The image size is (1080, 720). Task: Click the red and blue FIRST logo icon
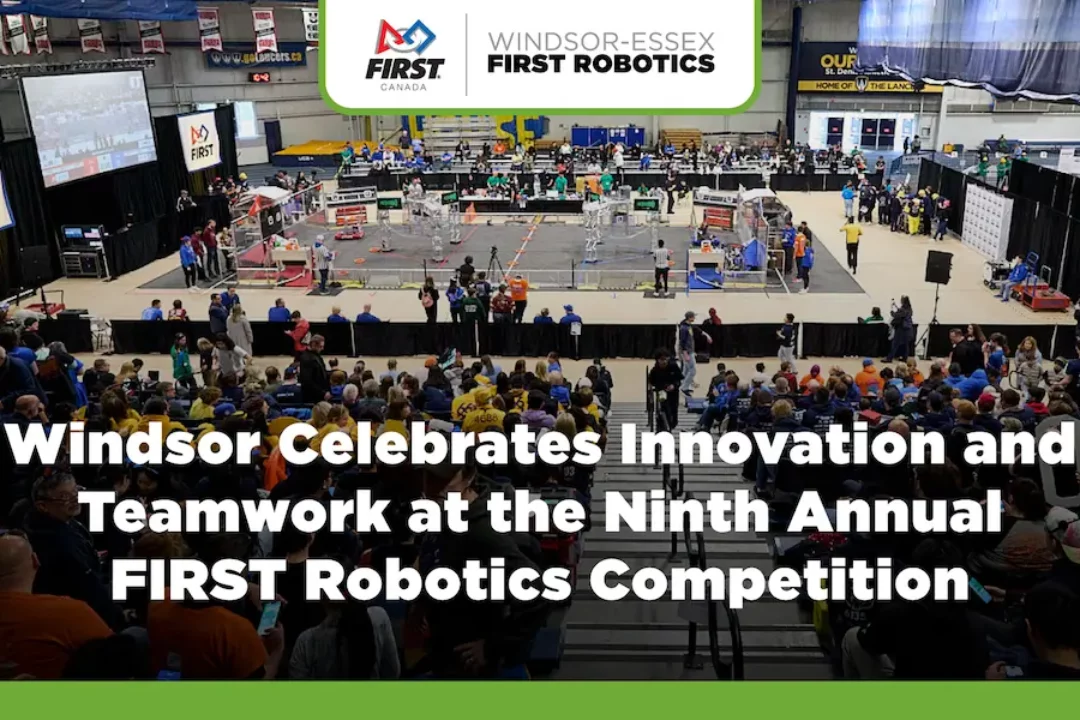coord(405,38)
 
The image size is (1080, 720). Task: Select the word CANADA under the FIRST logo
coord(404,87)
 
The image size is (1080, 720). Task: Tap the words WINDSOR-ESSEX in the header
coord(601,41)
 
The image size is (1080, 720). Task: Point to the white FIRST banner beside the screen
coord(199,141)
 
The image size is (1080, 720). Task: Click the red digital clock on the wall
coord(259,77)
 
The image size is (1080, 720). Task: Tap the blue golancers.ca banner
coord(256,57)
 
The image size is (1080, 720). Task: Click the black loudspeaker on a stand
coord(938,267)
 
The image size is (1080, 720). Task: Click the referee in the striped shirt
coord(661,266)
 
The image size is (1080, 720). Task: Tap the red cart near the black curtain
coord(1042,296)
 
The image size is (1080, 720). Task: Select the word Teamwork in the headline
coord(234,513)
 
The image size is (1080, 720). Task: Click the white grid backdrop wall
coord(987,221)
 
